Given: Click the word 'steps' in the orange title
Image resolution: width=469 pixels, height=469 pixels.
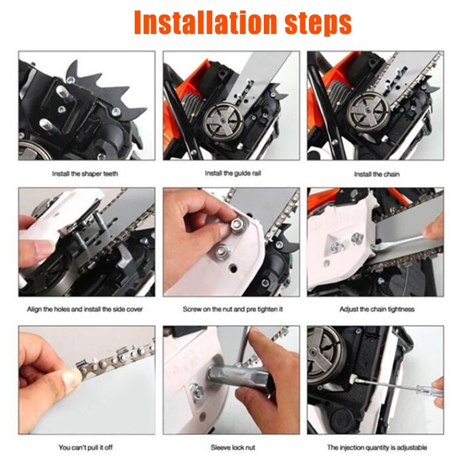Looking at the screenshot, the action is tap(318, 25).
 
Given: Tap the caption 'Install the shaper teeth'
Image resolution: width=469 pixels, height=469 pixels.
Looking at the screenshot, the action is tap(85, 174).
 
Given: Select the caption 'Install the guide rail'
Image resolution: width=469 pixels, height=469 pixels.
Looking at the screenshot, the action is tap(233, 173).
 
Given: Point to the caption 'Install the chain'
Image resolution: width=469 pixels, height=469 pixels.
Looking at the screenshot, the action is tap(376, 174).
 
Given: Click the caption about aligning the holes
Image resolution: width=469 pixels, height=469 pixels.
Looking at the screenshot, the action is tap(85, 309).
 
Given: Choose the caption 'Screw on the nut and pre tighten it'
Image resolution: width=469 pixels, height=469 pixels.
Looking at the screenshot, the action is tap(233, 309).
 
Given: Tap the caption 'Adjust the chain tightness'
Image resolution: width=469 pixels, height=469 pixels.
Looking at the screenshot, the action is tap(377, 309).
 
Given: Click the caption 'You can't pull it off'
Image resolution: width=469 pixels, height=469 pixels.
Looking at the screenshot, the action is tap(86, 447).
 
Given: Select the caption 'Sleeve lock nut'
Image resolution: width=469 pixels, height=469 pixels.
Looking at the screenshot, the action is tap(233, 447).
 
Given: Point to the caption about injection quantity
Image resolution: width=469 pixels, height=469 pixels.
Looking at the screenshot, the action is tap(377, 447).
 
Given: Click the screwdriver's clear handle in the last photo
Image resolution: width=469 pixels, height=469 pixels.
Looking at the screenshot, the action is tap(428, 391).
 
